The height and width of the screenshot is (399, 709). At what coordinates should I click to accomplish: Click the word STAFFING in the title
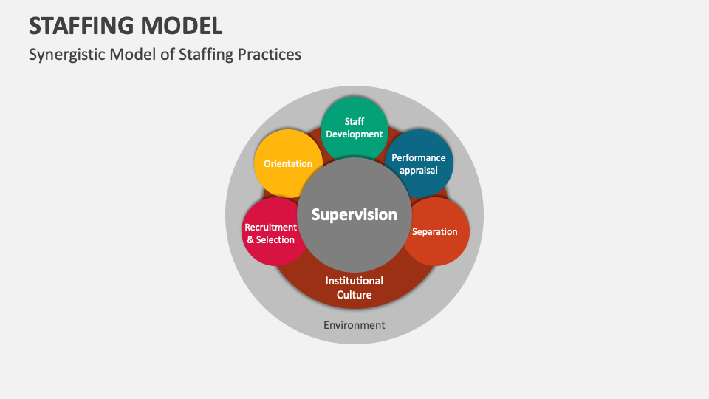coord(82,25)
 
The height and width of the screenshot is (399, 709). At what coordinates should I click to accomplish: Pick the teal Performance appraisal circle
coord(419,163)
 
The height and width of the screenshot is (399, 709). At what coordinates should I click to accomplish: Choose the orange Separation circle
coord(436,232)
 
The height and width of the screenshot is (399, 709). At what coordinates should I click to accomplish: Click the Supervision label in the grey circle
coord(354,214)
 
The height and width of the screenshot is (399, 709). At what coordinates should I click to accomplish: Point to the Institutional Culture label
coord(354,287)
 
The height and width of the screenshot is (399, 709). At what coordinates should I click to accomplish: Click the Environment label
coord(354,325)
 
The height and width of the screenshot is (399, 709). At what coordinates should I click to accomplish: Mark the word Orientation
coord(288,163)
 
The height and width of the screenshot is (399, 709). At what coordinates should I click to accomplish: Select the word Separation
coord(435,231)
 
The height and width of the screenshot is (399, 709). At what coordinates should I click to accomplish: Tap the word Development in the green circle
coord(354,134)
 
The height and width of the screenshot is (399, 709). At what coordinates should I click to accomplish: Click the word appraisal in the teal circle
coord(419,170)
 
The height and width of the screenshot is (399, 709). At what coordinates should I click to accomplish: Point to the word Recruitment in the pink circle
coord(270,228)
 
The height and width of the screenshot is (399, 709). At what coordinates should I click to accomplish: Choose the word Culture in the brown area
coord(354,295)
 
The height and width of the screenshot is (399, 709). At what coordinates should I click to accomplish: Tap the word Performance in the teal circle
coord(419,157)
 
